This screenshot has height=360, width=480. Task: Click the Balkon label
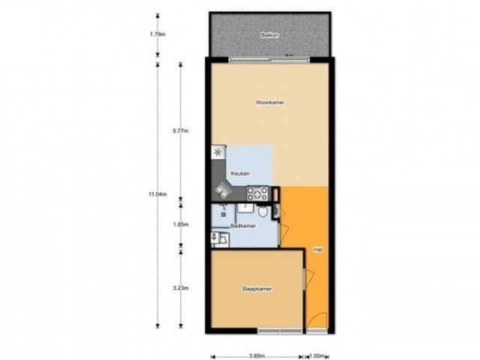click(270, 35)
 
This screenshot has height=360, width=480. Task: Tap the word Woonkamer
click(270, 102)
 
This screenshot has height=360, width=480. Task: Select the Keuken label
click(240, 173)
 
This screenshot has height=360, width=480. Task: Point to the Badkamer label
click(243, 226)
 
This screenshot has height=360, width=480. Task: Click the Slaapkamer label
click(256, 289)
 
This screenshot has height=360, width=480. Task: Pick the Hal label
click(318, 250)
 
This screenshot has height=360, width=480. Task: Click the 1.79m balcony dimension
click(157, 34)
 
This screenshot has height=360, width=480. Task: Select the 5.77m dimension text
click(181, 131)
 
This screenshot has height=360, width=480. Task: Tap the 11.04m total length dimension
click(157, 194)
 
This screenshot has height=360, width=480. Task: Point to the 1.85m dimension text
click(181, 224)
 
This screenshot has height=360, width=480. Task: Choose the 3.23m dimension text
click(181, 288)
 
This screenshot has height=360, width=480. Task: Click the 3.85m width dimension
click(256, 356)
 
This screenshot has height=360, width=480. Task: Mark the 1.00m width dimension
click(316, 356)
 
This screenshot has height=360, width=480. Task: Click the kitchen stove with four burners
click(257, 193)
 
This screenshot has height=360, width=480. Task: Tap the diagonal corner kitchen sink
click(223, 191)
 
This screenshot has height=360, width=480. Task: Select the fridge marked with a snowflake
click(218, 151)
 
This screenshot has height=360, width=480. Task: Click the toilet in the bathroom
click(262, 211)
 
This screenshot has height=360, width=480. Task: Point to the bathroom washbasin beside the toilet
click(246, 208)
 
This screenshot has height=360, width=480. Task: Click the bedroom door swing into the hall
click(308, 278)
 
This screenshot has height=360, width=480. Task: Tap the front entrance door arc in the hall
click(316, 320)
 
